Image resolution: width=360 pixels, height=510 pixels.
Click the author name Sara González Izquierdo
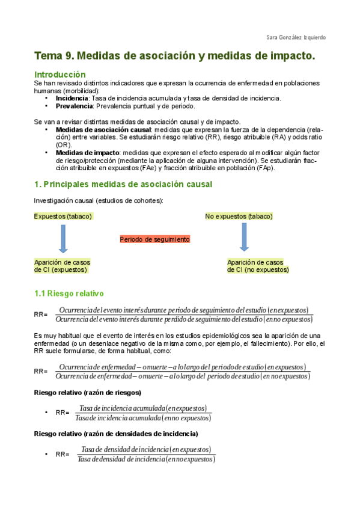coord(296,37)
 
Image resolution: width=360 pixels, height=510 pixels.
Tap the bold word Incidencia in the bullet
coord(72,98)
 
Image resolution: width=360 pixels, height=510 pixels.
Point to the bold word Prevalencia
coord(74,106)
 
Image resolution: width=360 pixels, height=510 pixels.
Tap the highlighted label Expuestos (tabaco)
coord(63,217)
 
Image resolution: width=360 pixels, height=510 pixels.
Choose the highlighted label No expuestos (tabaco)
coord(239,217)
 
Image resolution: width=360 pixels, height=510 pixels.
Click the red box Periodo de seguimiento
coord(154,239)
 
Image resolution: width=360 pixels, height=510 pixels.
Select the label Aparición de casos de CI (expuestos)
coord(62,266)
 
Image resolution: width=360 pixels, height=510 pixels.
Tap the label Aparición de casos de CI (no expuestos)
coord(257,266)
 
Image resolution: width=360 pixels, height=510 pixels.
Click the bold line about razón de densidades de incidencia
coord(116,434)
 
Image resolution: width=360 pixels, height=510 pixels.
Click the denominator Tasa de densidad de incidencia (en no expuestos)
coord(147,459)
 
